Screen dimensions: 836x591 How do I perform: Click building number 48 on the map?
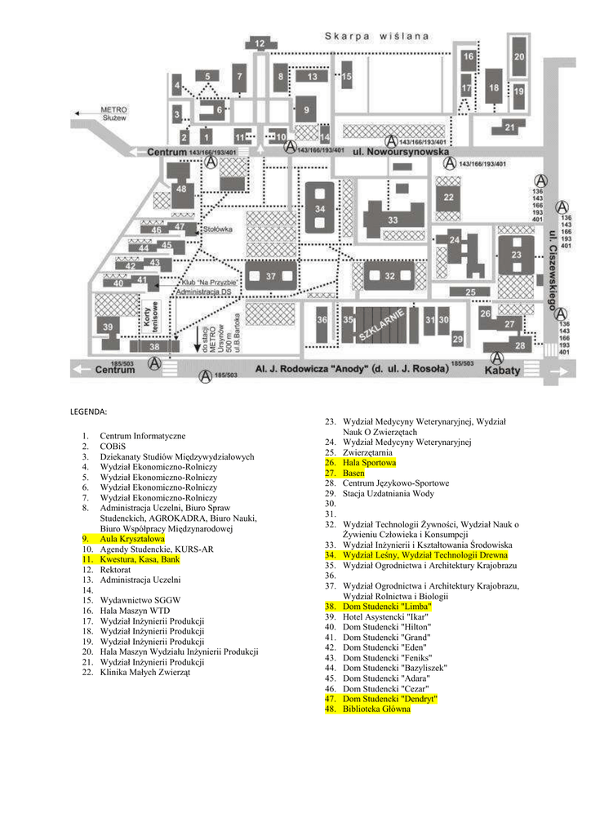(180, 189)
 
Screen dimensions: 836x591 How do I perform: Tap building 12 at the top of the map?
(260, 43)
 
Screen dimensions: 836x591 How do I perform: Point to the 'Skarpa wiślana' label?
(376, 36)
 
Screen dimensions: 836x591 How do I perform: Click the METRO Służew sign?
(113, 113)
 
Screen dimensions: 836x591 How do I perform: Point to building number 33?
(393, 220)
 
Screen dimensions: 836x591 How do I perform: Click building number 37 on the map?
(271, 277)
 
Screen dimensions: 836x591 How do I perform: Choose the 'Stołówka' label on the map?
(219, 229)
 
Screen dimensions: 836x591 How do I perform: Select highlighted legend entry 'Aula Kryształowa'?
(131, 540)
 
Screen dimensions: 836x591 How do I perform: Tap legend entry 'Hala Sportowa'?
(369, 463)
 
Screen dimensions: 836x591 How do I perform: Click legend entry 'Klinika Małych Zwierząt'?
(145, 673)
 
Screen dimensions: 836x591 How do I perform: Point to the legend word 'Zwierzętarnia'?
(367, 452)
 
